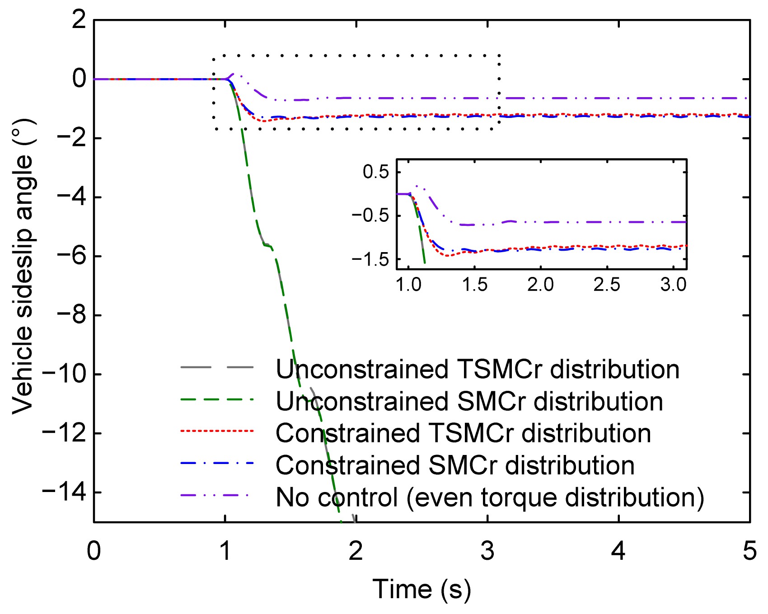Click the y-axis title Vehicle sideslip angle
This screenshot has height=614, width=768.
pos(23,267)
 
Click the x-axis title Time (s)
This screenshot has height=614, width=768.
pos(421,590)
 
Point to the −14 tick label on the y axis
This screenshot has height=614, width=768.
pos(64,492)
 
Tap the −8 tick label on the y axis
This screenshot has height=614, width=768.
pos(71,315)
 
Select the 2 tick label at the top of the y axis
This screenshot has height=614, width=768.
pos(79,20)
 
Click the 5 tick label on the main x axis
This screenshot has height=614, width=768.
pos(749,551)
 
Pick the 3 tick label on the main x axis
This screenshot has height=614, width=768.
pos(487,551)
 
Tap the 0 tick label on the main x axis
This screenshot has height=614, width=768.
pos(94,551)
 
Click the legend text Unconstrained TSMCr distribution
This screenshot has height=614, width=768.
pos(478,369)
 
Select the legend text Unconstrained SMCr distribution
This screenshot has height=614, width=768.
pos(469,401)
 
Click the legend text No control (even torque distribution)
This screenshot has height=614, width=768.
pos(490,497)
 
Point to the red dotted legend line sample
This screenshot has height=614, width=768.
pos(217,431)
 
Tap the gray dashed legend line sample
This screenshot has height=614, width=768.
pos(217,367)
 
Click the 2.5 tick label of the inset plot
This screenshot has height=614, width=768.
pos(607,285)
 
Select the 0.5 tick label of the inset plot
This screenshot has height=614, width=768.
pos(376,172)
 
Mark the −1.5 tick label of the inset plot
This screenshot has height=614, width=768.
pos(370,259)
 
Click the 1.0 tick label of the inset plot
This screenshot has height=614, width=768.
pos(409,285)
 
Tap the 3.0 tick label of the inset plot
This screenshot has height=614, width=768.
pos(673,285)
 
